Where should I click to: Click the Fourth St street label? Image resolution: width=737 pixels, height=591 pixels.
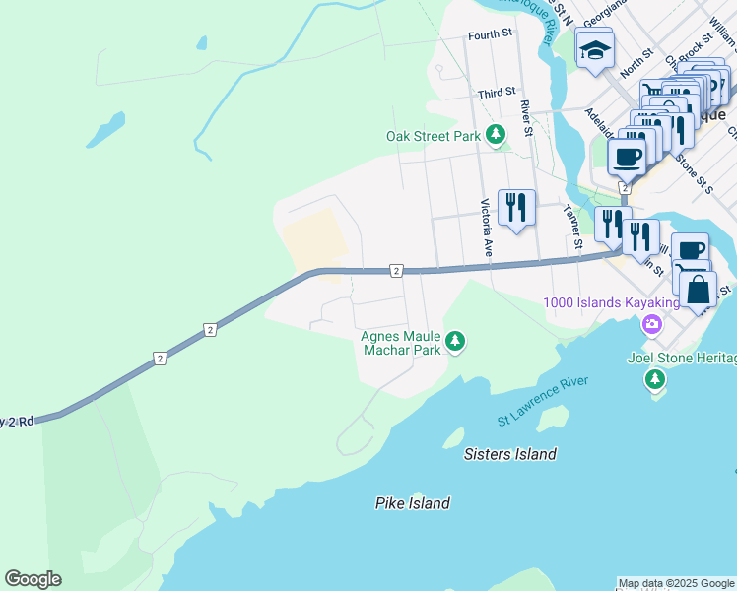tap(490, 33)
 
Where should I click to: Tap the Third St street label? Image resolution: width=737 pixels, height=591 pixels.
tap(497, 93)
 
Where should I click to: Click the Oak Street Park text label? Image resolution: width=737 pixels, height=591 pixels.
tap(433, 136)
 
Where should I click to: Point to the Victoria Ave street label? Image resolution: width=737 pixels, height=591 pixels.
tap(486, 228)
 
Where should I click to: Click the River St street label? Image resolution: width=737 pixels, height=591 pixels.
tap(526, 118)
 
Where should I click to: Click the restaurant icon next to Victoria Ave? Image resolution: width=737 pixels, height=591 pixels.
tap(516, 208)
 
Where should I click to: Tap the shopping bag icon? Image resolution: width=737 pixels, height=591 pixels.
tap(698, 290)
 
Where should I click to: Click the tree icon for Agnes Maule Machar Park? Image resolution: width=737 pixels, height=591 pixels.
tap(454, 342)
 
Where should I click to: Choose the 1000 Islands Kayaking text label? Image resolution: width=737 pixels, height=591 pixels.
tap(612, 301)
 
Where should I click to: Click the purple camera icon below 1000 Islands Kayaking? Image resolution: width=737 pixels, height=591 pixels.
tap(651, 325)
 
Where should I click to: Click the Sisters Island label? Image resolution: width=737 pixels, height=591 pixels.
tap(510, 454)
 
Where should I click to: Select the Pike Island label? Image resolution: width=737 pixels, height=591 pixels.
tap(412, 503)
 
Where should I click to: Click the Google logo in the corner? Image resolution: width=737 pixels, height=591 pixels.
tap(33, 579)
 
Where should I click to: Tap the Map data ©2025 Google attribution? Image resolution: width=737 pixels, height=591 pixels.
tap(676, 583)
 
